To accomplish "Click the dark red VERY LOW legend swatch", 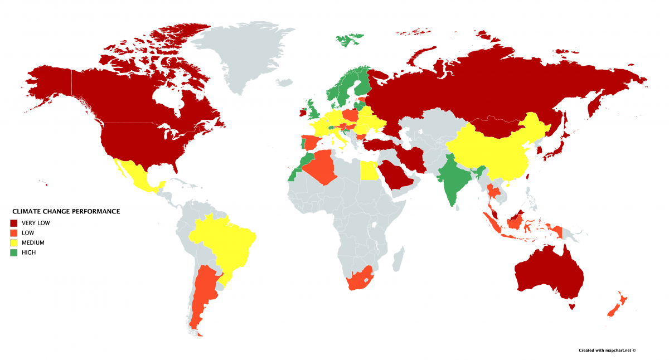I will pos(14,223).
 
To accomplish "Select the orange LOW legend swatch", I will pos(14,233).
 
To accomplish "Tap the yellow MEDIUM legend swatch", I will pos(14,243).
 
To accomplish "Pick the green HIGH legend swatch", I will pos(14,253).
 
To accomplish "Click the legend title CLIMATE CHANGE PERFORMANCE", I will pos(66,212).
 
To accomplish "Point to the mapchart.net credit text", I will pos(607,351).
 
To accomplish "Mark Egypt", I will pos(368,170).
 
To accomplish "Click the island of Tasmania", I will pos(571,305).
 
